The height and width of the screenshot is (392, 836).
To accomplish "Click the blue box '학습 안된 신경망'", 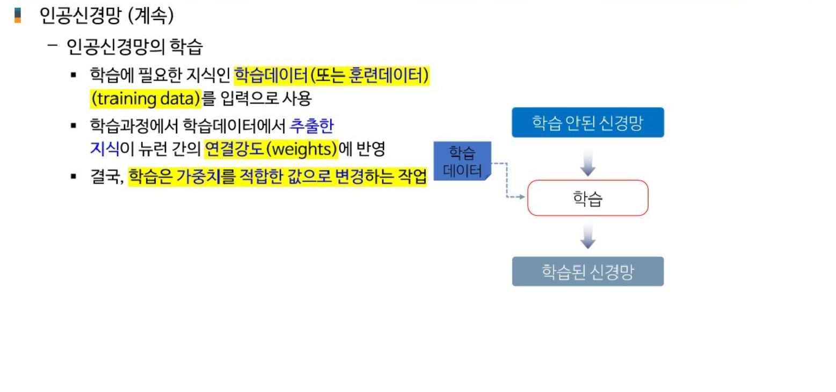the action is [x=587, y=122].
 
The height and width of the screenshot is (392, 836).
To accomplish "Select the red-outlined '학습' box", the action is [x=587, y=198].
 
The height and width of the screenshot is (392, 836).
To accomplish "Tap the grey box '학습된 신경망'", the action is [x=587, y=271].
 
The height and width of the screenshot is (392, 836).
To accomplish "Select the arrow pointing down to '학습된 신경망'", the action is [x=588, y=236].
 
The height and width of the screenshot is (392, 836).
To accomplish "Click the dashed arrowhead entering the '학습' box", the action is [x=521, y=198].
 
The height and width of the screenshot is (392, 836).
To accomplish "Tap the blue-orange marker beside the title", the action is [x=18, y=15].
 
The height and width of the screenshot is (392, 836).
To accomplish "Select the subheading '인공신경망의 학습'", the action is [x=134, y=47].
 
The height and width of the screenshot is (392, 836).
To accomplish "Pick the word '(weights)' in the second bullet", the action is [x=303, y=149].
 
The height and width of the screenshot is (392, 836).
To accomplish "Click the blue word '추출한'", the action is [x=311, y=126].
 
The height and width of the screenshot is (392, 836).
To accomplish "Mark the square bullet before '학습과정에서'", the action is [x=74, y=126].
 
